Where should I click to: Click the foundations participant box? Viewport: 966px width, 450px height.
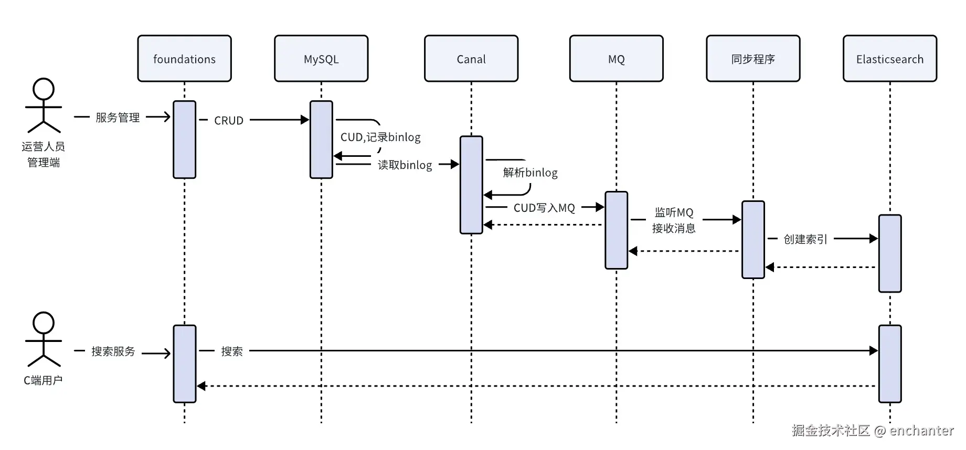click(x=184, y=59)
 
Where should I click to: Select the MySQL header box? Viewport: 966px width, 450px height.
click(x=321, y=59)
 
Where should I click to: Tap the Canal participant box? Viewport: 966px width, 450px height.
click(x=471, y=59)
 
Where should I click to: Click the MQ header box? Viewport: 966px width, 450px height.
click(x=616, y=59)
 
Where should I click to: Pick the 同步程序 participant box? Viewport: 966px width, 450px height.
click(x=753, y=59)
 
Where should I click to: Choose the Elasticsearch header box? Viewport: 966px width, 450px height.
click(x=889, y=59)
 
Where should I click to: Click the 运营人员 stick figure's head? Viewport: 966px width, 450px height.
click(x=44, y=89)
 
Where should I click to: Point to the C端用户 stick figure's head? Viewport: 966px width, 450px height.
click(x=44, y=323)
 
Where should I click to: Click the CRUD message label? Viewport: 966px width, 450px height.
click(x=229, y=121)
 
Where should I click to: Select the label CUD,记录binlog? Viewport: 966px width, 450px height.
click(x=380, y=137)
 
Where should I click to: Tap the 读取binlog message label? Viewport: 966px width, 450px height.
click(x=405, y=165)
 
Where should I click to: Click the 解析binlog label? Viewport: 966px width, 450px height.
click(x=530, y=173)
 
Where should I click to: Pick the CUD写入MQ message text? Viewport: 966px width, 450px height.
click(x=544, y=208)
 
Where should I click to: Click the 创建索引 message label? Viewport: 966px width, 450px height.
click(x=805, y=240)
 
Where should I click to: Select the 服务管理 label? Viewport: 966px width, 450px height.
click(x=118, y=117)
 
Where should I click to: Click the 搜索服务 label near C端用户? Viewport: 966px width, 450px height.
click(x=113, y=351)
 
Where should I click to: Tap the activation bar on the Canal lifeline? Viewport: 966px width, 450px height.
click(x=471, y=185)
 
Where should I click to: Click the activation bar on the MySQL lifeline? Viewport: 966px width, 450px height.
click(x=321, y=140)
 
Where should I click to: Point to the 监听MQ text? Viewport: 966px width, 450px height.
click(x=674, y=212)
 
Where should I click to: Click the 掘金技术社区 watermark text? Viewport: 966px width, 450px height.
click(x=831, y=431)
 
